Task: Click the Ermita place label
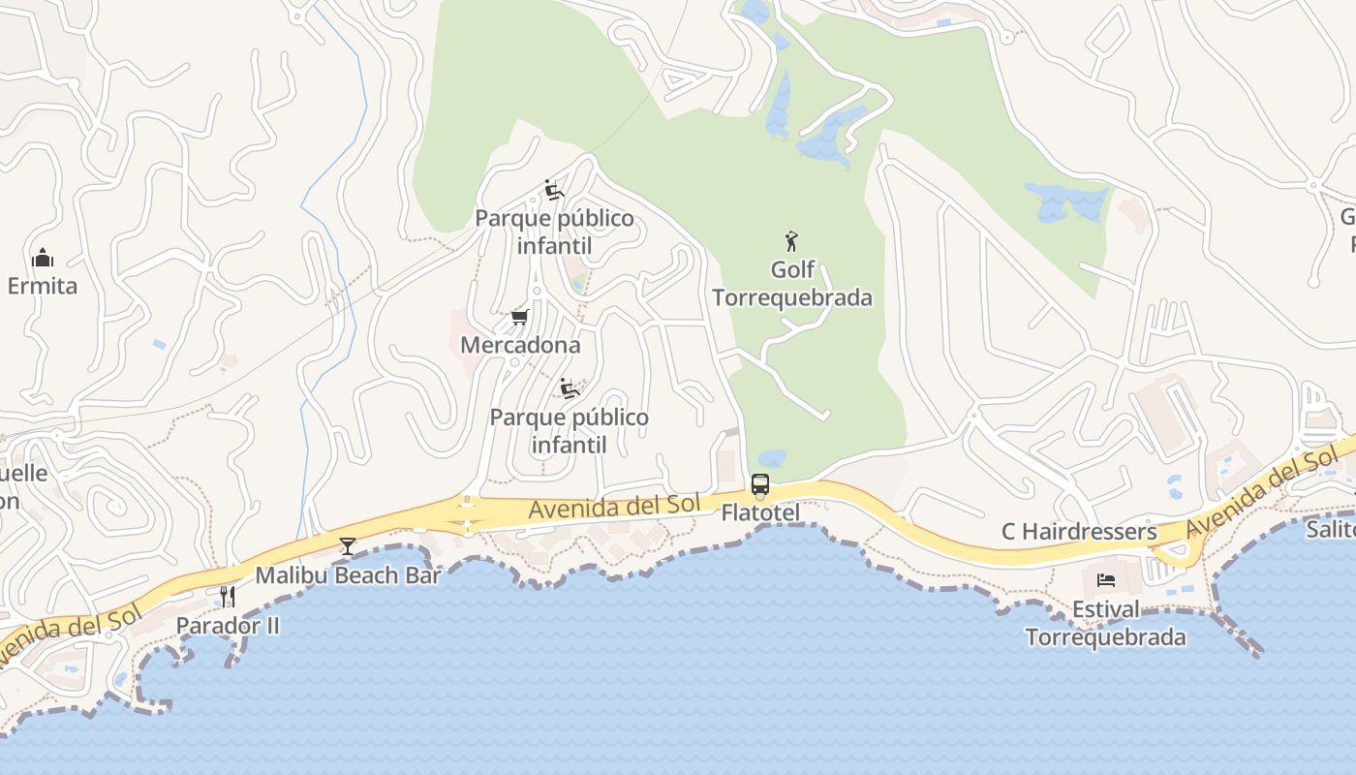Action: coord(43,286)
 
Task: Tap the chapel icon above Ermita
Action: coord(43,258)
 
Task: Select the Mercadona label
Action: coord(520,345)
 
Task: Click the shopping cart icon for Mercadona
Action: coord(520,317)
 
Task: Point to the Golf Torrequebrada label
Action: coord(792,283)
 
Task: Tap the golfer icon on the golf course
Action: coord(791,240)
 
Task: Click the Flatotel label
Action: coord(760,511)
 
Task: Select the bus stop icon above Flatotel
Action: coord(760,483)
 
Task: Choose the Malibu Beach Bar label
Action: coord(348,575)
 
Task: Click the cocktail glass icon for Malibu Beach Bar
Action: coord(348,546)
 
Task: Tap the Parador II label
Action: coord(228,626)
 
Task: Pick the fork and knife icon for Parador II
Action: coord(228,596)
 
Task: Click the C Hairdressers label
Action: coord(1079,531)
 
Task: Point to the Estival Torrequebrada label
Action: coord(1105,624)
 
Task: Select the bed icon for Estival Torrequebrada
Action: coord(1106,580)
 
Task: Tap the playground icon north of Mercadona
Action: coord(554,190)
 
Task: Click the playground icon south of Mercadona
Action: coord(570,388)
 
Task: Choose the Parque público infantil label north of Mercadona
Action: coord(554,232)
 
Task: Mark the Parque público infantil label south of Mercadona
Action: coord(570,431)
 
